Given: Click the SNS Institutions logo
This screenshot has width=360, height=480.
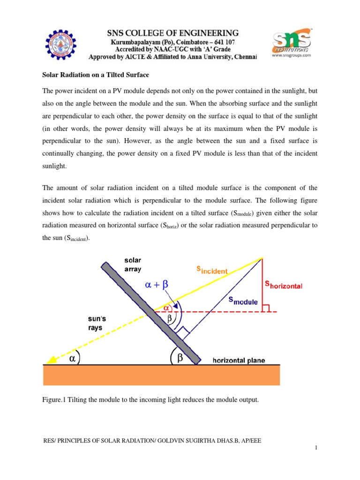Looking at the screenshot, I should point(292,41).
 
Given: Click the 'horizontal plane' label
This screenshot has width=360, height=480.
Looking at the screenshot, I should point(239,360).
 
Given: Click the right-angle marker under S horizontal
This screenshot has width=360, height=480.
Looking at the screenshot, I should point(266,308).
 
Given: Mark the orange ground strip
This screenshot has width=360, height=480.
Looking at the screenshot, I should point(162,375).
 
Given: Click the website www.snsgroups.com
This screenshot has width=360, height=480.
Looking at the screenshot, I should point(292,55).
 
